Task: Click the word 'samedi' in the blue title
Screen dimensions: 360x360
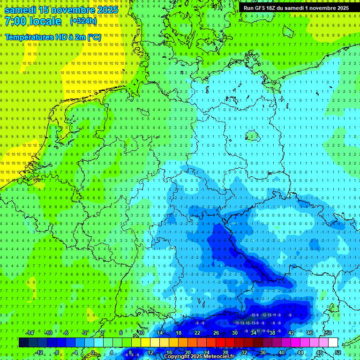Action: [x=21, y=9]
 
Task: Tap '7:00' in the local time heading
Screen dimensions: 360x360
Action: [x=16, y=22]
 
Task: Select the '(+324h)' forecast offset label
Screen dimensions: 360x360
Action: [x=83, y=21]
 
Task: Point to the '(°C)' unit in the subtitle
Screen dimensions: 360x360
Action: [x=94, y=37]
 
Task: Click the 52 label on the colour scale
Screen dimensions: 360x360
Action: [x=338, y=352]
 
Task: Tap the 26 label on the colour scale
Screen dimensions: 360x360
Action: [x=216, y=333]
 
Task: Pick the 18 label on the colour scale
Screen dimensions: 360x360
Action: [x=179, y=333]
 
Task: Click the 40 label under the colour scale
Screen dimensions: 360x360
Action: [x=282, y=352]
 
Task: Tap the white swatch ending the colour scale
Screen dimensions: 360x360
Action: [x=333, y=343]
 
